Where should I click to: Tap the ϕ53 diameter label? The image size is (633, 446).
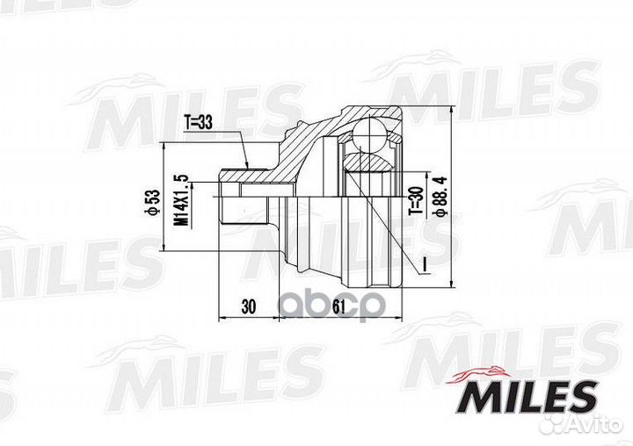[x=150, y=204]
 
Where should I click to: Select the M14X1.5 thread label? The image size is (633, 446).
[x=182, y=204]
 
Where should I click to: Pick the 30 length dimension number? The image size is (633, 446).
[x=247, y=307]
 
